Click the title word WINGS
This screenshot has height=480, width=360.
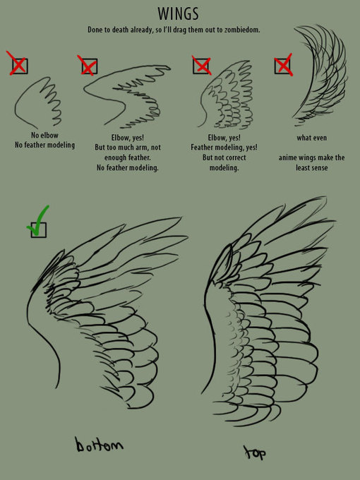(x=179, y=14)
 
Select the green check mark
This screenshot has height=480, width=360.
(x=37, y=221)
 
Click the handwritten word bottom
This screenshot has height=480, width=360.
(x=100, y=444)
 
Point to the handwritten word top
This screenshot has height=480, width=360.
(x=255, y=452)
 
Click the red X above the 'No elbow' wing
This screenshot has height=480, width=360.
(x=18, y=64)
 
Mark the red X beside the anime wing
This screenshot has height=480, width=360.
(x=283, y=65)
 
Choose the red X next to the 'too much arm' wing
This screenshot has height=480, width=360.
(x=88, y=65)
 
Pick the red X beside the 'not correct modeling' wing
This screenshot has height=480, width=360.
(x=202, y=65)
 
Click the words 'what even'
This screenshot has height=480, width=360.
(x=311, y=138)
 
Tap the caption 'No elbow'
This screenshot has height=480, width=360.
(x=44, y=135)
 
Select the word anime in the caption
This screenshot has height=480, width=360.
(x=289, y=158)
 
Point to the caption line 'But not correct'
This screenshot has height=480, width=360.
(x=224, y=157)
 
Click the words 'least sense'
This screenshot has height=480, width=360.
(x=311, y=168)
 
